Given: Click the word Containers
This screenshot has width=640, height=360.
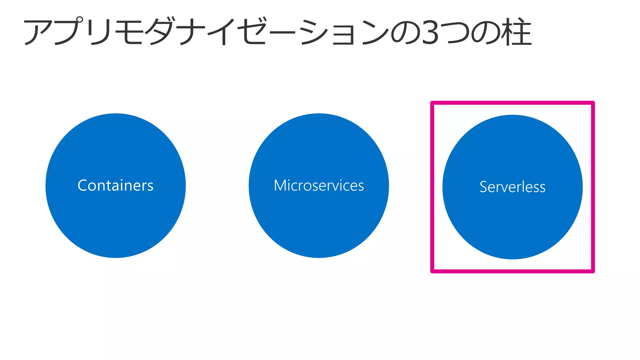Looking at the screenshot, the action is [115, 185].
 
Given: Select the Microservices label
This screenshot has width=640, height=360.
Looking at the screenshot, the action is [319, 185].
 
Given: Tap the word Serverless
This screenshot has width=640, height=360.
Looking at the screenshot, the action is [512, 187].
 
